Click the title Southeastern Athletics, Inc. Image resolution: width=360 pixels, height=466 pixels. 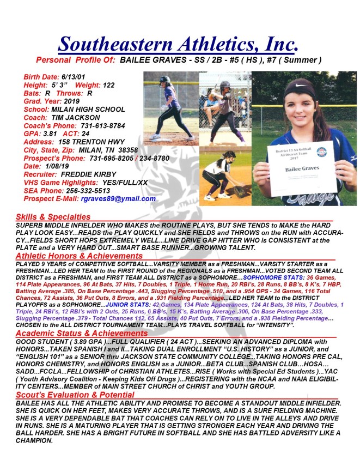(x=178, y=43)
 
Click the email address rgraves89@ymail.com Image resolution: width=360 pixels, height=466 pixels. (x=118, y=199)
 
